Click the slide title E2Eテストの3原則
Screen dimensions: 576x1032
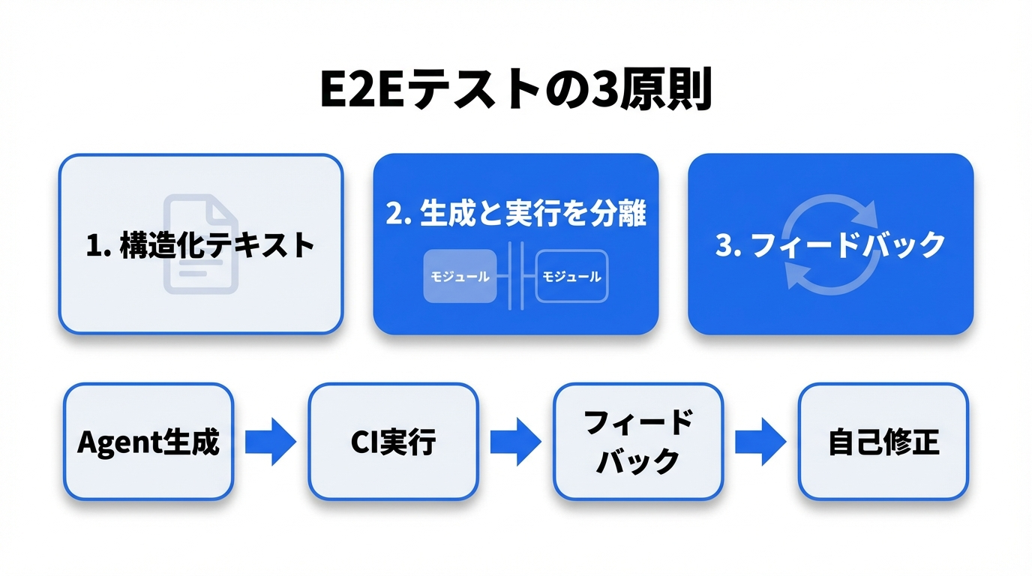pyautogui.click(x=515, y=92)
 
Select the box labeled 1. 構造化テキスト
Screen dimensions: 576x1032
pyautogui.click(x=200, y=244)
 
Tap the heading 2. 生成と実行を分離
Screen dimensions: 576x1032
pyautogui.click(x=515, y=213)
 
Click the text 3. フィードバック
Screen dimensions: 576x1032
pyautogui.click(x=830, y=245)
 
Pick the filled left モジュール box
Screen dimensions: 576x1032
pyautogui.click(x=460, y=276)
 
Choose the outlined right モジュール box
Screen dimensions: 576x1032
pyautogui.click(x=571, y=276)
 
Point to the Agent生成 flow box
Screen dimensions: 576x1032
pyautogui.click(x=148, y=442)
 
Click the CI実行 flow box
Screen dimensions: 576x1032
pyautogui.click(x=393, y=442)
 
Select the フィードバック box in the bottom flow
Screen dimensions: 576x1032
pyautogui.click(x=638, y=442)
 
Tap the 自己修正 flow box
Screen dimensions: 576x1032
pyautogui.click(x=883, y=442)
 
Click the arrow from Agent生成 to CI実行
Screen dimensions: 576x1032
pyautogui.click(x=271, y=442)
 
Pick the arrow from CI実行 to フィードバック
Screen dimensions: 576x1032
pyautogui.click(x=516, y=442)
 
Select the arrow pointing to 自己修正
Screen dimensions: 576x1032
pyautogui.click(x=760, y=442)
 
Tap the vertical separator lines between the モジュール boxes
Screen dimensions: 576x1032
pyautogui.click(x=516, y=276)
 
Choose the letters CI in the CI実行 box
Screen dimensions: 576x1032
pyautogui.click(x=365, y=442)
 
